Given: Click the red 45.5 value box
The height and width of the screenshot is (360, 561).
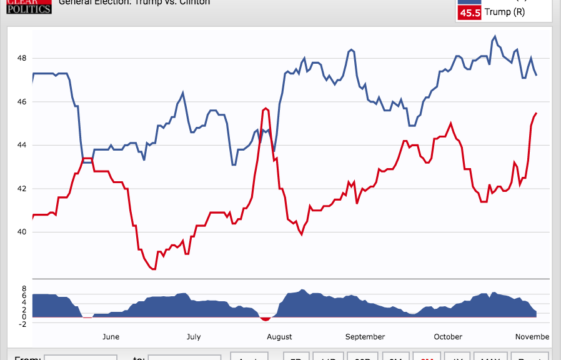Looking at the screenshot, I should click(470, 13).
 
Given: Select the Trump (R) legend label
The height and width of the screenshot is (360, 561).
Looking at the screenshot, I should click(505, 13).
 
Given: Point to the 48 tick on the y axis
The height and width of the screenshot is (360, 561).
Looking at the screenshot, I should click(22, 58).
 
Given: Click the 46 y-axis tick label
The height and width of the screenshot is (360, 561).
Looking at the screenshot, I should click(22, 102).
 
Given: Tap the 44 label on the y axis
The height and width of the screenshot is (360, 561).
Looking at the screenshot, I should click(22, 145).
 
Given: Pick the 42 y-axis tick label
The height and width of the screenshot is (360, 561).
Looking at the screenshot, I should click(22, 189).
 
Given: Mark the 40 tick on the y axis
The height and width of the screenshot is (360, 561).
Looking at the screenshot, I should click(22, 232).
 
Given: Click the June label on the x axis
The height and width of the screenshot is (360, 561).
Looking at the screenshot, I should click(111, 337).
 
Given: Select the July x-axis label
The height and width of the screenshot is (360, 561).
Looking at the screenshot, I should click(194, 337).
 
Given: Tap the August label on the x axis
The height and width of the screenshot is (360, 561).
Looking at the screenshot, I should click(279, 337).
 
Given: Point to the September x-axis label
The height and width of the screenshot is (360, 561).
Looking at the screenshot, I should click(365, 337).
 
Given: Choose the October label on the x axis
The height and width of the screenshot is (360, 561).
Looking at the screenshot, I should click(448, 337).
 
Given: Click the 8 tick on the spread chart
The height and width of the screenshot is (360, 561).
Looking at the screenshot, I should click(23, 289).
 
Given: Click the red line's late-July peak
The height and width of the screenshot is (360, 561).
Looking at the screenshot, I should click(266, 108).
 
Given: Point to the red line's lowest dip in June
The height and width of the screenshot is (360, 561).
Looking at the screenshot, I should click(154, 269).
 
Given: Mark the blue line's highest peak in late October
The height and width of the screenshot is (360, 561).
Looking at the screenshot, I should click(495, 36).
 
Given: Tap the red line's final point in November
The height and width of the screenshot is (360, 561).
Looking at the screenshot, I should click(537, 113).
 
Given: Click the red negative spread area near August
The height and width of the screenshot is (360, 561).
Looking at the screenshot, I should click(266, 319).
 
